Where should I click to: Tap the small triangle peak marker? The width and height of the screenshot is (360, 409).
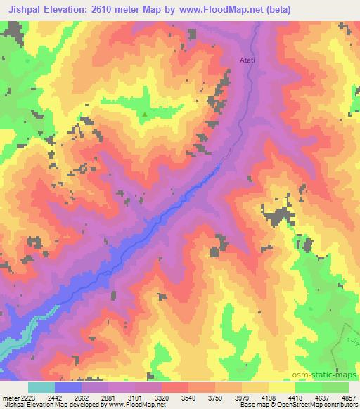click(x=145, y=115)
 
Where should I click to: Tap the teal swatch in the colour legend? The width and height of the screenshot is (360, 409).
click(x=41, y=387)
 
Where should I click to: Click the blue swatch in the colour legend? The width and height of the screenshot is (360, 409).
click(x=68, y=387)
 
